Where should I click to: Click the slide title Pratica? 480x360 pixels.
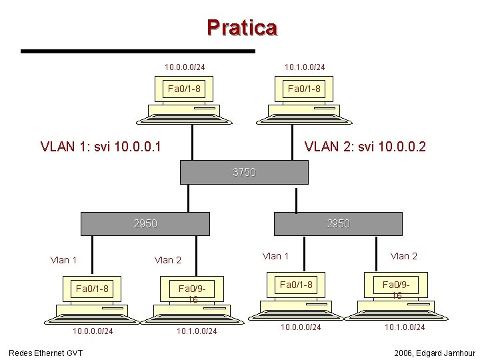(241, 28)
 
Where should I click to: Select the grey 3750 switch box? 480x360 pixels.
(244, 172)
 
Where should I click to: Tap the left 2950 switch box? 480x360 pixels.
(145, 223)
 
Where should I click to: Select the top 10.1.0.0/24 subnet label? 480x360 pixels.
(305, 67)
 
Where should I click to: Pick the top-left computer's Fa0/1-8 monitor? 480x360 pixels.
(185, 89)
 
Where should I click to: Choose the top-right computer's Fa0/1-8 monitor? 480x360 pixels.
(304, 89)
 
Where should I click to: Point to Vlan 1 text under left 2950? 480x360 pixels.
(63, 260)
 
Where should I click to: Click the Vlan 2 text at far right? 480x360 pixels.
(403, 256)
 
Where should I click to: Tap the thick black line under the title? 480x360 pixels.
(138, 51)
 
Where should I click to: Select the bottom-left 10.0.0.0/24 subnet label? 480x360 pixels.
(93, 331)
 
